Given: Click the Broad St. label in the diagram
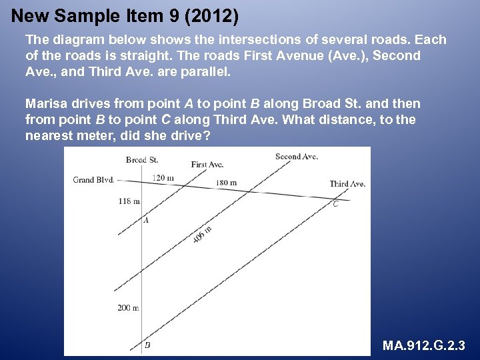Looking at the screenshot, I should click(x=141, y=160).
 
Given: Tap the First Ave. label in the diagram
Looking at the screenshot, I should click(x=207, y=164).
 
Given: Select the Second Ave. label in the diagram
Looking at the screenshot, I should click(x=296, y=157).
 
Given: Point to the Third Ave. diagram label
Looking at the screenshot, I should click(x=347, y=184).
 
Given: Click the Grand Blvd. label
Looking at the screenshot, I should click(x=93, y=179).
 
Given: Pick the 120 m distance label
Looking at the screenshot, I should click(x=163, y=178).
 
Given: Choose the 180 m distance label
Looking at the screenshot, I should click(x=226, y=183).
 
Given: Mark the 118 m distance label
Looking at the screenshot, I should click(x=129, y=201).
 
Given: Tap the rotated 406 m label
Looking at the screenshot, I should click(x=202, y=234).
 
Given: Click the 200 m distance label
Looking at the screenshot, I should click(x=128, y=308).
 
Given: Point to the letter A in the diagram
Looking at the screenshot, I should click(x=146, y=220).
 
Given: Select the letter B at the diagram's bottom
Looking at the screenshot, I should click(x=147, y=345).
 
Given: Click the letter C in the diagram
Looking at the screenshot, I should click(x=335, y=204).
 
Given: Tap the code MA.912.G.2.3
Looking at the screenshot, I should click(x=424, y=346).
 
